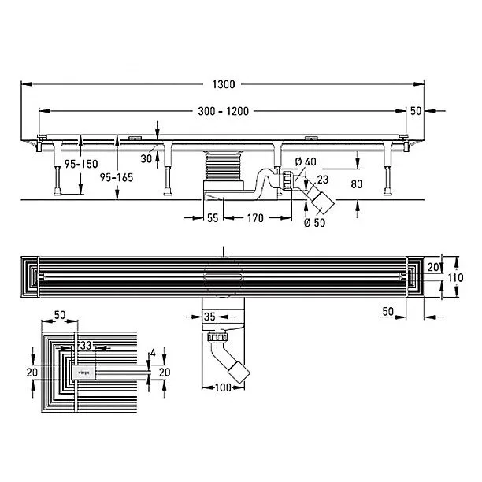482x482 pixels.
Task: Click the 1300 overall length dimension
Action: [x=224, y=84]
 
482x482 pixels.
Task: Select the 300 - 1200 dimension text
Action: [x=224, y=111]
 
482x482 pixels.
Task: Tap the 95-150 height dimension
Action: [x=81, y=164]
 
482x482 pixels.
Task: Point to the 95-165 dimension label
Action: [x=117, y=177]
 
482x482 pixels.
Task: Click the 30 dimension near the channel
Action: [x=146, y=158]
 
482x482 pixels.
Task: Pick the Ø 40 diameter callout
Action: [x=306, y=161]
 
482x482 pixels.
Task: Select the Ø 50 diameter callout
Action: [x=314, y=223]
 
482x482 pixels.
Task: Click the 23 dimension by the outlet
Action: [x=323, y=180]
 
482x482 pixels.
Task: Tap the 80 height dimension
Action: [x=357, y=184]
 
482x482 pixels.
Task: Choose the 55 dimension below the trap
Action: [x=213, y=218]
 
